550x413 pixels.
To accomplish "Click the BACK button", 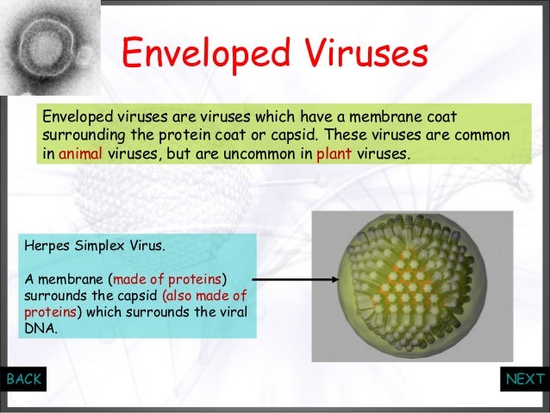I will (x=23, y=379).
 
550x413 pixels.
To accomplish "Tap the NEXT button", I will (x=525, y=379).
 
